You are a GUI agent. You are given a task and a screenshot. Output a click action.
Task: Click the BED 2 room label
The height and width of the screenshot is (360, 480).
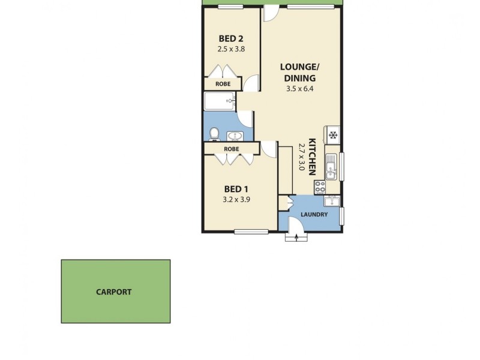[x=230, y=41]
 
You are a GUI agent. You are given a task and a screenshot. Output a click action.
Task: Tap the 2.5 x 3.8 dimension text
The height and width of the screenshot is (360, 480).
[x=230, y=50]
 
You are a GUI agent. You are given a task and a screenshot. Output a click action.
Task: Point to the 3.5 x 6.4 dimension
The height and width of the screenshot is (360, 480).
[x=300, y=88]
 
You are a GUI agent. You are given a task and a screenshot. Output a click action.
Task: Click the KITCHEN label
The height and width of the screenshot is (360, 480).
[x=312, y=157]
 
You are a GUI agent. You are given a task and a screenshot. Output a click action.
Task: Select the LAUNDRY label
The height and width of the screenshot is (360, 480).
[x=313, y=215]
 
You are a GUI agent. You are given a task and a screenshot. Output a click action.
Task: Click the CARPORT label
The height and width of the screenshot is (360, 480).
[x=114, y=292]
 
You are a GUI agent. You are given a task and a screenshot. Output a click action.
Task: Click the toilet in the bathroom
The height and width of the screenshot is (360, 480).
[x=214, y=133]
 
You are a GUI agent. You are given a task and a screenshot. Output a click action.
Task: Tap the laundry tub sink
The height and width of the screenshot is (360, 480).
[x=332, y=202]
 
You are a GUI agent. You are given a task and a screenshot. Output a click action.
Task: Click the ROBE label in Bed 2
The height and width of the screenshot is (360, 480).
[x=223, y=85]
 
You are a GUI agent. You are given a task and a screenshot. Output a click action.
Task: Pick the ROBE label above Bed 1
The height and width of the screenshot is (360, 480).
[x=232, y=149]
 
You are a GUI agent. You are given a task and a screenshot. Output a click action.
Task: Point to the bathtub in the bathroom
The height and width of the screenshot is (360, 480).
[x=220, y=101]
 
